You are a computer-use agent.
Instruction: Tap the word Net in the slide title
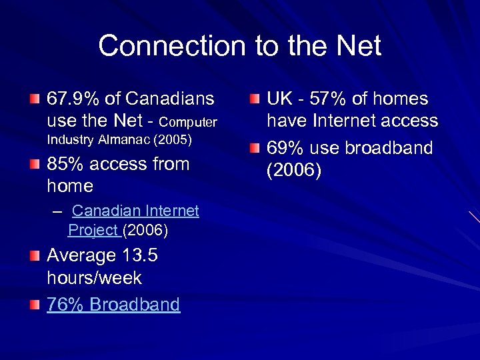click(357, 47)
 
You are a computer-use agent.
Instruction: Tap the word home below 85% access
click(70, 186)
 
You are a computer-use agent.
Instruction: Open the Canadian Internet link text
click(135, 211)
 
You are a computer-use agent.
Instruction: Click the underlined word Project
click(93, 231)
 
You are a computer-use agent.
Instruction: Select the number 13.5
click(139, 255)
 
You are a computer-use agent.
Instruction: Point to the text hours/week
click(94, 277)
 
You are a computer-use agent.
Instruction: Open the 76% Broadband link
click(113, 305)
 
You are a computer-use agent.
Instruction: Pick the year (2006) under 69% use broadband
click(294, 171)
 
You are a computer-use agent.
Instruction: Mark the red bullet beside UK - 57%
click(255, 99)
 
